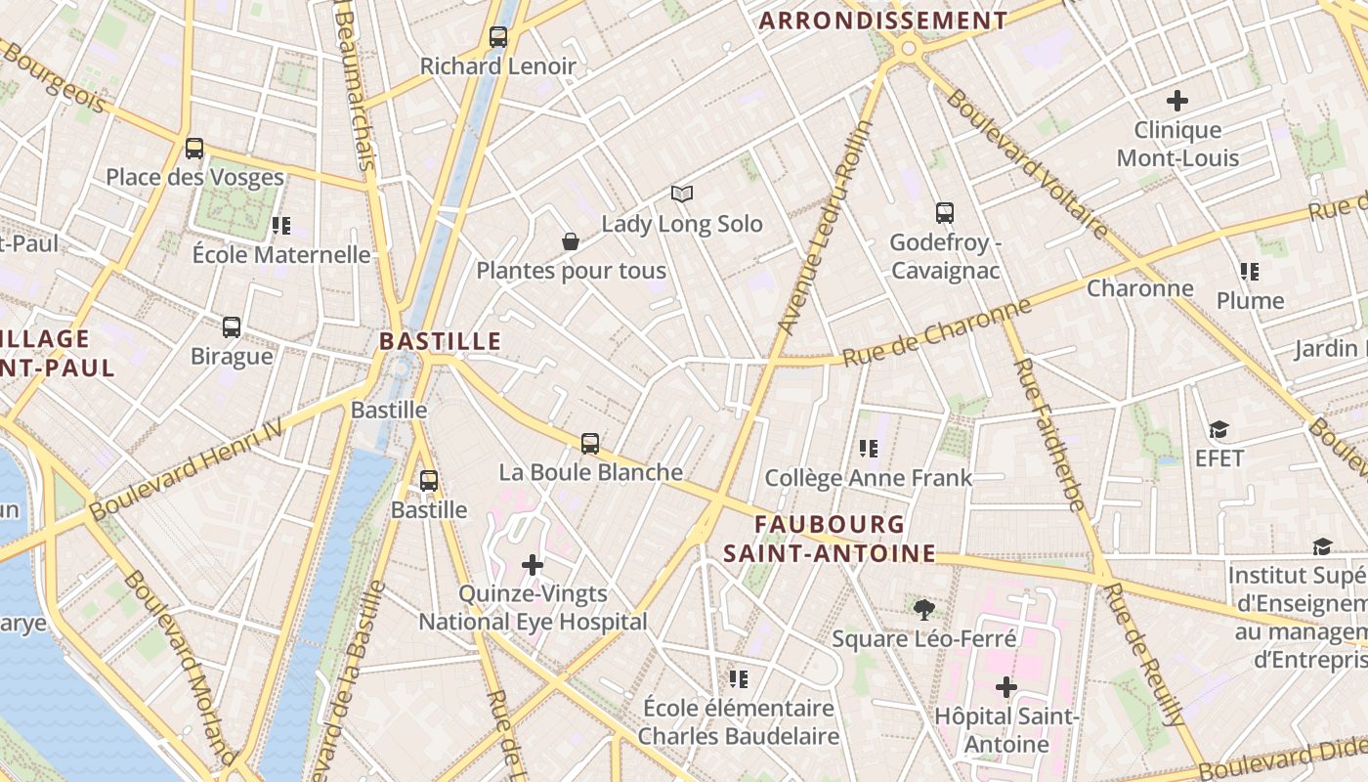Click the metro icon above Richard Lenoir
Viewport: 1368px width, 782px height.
coord(498,37)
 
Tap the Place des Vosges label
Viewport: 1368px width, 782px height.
coord(194,177)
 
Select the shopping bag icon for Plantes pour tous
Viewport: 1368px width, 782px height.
coord(571,241)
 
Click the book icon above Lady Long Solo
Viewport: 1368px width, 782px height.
coord(682,195)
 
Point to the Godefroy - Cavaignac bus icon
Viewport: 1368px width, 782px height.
coord(944,213)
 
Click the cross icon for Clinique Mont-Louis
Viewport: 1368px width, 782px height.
coord(1177,100)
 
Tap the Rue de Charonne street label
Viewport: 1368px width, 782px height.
coord(936,333)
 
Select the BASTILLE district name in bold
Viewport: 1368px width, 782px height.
coord(440,341)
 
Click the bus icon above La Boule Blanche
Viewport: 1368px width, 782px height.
coord(590,443)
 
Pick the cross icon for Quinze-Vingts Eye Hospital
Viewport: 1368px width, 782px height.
coord(533,565)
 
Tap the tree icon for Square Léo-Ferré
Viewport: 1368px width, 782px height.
coord(923,611)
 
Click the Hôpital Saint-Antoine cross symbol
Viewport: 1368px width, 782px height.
coord(1006,687)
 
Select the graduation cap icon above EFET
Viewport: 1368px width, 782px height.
coord(1218,430)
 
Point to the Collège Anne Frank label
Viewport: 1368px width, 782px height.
coord(868,478)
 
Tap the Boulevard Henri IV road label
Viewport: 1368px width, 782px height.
coord(186,469)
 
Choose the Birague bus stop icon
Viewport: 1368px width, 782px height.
coord(232,327)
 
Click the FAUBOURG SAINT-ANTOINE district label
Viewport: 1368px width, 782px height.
coord(830,539)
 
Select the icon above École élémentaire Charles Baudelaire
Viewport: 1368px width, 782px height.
coord(739,678)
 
